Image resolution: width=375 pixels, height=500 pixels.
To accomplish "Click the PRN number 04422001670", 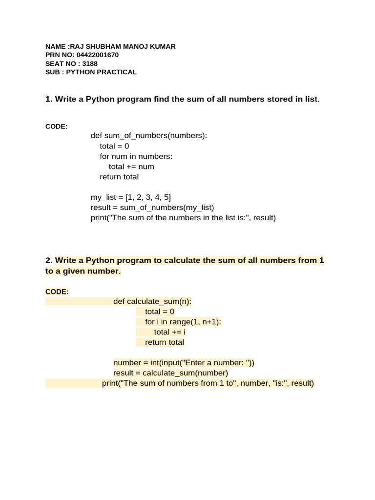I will click(98, 55).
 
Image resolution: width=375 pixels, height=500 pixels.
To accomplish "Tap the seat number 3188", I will click(90, 63).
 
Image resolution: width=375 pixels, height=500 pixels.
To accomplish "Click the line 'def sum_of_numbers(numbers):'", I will click(149, 136).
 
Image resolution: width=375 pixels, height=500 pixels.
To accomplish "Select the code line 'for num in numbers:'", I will click(136, 156).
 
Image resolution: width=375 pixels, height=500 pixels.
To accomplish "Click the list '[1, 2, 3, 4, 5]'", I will click(148, 197).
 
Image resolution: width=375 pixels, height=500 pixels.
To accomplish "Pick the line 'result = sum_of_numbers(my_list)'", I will click(152, 208).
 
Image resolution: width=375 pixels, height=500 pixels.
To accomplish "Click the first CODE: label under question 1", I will click(57, 126).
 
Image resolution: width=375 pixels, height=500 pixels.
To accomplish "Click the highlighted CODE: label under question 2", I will click(57, 292).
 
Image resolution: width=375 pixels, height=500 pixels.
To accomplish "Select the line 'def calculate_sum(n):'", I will click(152, 302).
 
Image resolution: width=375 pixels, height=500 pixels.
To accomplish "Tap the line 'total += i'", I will click(170, 332).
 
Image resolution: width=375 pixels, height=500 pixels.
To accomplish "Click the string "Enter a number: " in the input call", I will click(220, 363).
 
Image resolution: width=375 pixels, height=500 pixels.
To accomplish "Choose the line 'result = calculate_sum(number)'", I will click(171, 373).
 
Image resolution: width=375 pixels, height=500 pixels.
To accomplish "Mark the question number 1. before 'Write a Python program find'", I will click(48, 100).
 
